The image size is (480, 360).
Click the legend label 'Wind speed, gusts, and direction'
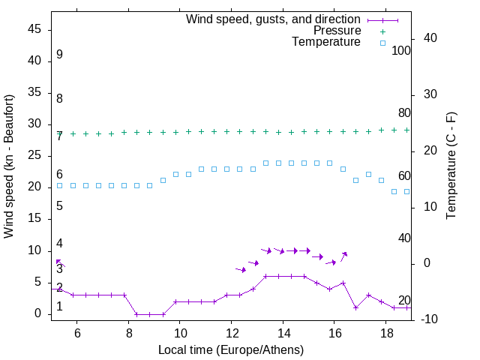point(273,19)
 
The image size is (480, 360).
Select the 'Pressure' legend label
point(337,31)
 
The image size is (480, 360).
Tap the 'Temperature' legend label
point(326,43)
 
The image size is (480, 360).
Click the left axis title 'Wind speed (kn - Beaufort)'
point(10,166)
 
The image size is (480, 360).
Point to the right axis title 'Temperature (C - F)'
point(451,166)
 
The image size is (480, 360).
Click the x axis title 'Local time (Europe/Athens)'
point(231,349)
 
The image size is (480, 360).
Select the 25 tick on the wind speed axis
point(34,156)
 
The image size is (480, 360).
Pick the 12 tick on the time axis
point(231,330)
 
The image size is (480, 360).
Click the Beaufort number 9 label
point(59,55)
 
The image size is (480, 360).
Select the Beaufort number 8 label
point(59,98)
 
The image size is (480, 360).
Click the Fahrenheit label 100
point(401,50)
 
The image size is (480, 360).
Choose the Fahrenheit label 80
point(404,112)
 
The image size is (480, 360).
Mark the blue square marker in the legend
point(382,43)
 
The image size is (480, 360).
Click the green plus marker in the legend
point(382,31)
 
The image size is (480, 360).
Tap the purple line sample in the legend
point(382,19)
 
